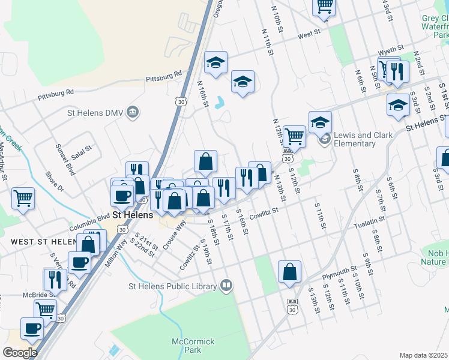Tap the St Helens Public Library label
[x=172, y=286]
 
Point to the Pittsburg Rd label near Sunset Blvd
[x=55, y=94]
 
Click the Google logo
[x=20, y=353]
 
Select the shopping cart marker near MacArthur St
[x=23, y=198]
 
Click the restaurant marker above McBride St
[x=55, y=279]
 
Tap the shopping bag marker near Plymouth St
[x=289, y=271]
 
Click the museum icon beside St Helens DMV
[x=134, y=112]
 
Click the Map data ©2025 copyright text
[x=424, y=355]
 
